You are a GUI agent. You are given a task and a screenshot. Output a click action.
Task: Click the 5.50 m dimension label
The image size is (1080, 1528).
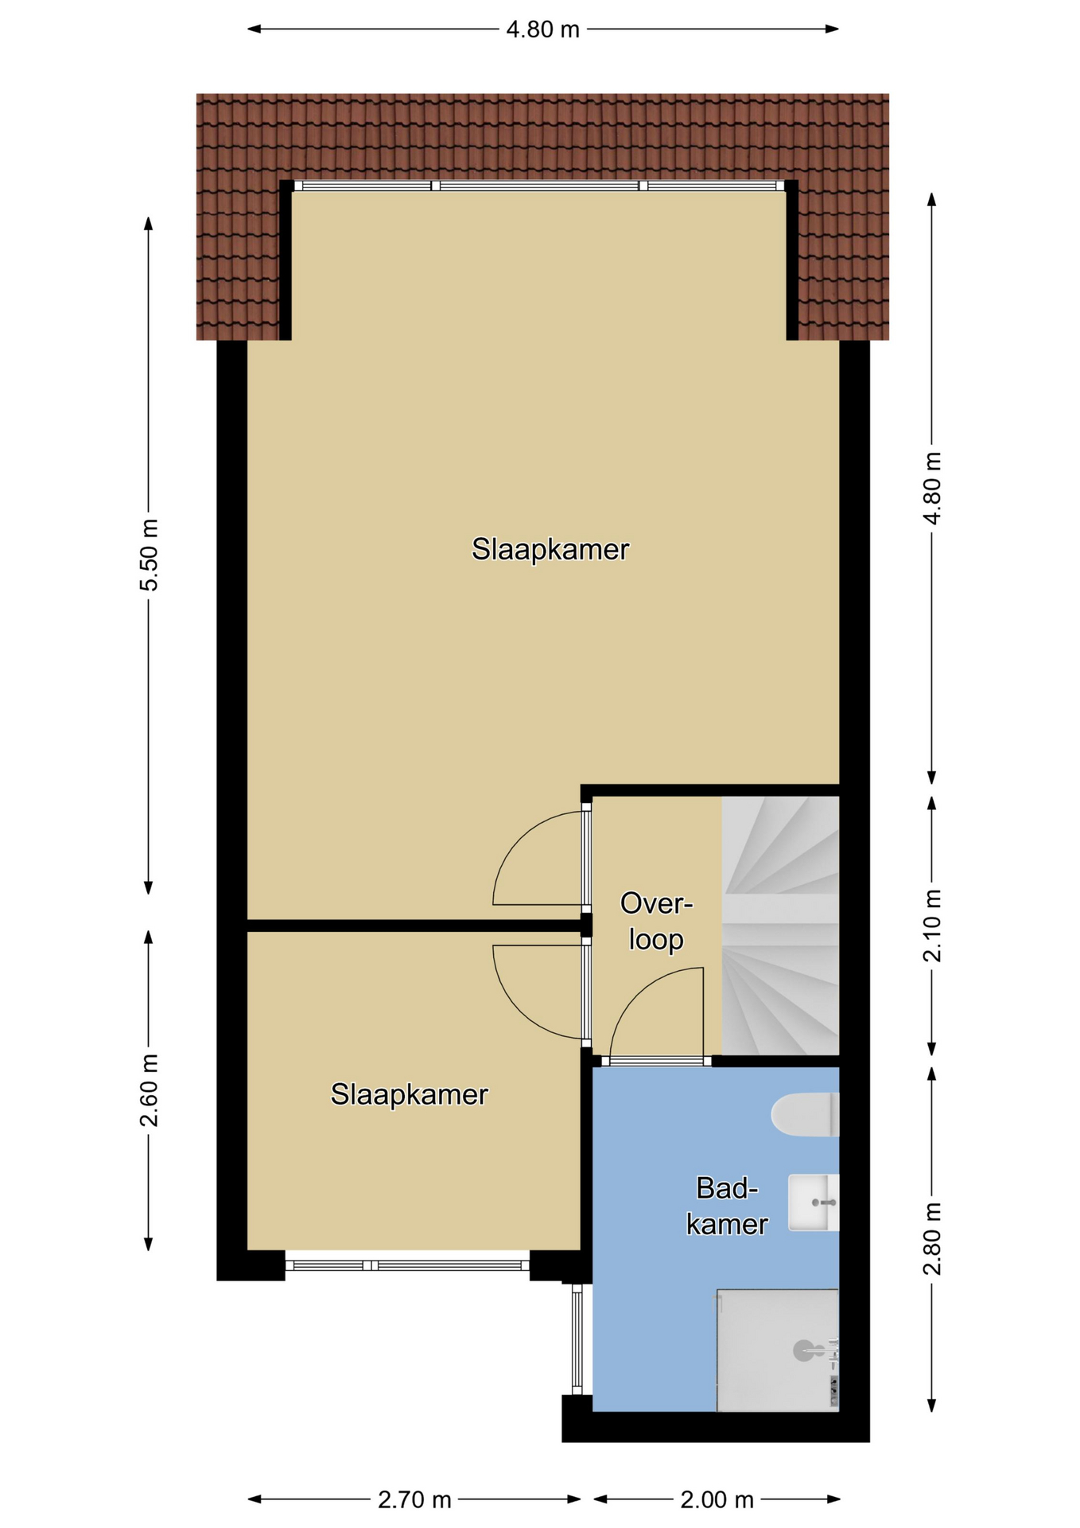click(149, 555)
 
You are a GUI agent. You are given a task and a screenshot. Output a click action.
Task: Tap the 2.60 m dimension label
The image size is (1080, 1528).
click(149, 1090)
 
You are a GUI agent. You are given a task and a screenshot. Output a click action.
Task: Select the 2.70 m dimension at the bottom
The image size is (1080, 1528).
click(414, 1500)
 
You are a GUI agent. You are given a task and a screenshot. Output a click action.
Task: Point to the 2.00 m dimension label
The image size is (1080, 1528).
click(717, 1500)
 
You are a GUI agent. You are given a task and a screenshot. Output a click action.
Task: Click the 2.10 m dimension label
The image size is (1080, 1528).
click(932, 926)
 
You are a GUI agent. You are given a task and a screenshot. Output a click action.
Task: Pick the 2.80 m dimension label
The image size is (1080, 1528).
click(932, 1238)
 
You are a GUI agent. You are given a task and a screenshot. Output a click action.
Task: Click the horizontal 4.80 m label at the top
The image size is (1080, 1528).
click(543, 29)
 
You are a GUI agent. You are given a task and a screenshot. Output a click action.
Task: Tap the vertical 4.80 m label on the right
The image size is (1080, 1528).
click(932, 488)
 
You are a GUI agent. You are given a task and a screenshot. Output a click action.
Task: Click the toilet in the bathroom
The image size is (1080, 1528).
click(805, 1114)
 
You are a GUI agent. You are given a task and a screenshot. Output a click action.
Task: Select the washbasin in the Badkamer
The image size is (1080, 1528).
click(814, 1203)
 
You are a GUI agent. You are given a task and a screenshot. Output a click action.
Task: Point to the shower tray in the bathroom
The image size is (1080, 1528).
click(778, 1351)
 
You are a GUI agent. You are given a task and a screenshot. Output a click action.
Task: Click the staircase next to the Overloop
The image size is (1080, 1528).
click(780, 926)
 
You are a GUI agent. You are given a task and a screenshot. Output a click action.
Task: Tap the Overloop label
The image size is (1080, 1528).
click(656, 922)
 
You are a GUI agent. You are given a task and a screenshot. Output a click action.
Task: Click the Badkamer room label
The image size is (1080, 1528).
click(727, 1206)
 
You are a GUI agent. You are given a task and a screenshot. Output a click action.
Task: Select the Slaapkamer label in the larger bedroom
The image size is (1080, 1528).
click(550, 549)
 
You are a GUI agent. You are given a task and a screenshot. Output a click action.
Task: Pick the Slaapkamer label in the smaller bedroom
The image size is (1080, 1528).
click(409, 1094)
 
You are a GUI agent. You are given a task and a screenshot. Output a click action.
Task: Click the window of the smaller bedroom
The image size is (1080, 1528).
click(407, 1265)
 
